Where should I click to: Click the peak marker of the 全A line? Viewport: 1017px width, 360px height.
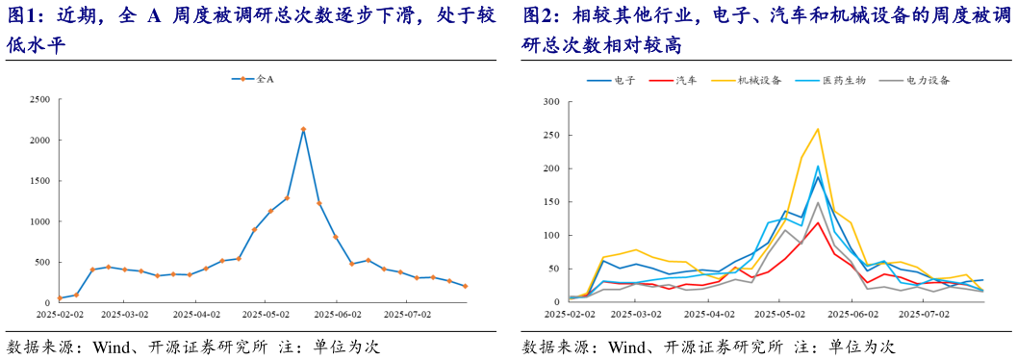click(x=303, y=129)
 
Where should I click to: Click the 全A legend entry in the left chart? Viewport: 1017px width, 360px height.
click(x=265, y=79)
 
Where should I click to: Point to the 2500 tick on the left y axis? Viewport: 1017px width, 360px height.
click(x=40, y=99)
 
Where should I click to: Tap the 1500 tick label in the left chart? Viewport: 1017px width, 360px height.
click(x=40, y=180)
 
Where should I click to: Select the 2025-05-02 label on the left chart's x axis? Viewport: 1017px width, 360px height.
click(x=267, y=313)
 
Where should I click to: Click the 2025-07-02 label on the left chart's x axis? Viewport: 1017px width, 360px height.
click(x=408, y=313)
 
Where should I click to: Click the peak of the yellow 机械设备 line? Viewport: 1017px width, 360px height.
click(x=818, y=128)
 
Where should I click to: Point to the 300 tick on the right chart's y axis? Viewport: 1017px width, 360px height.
click(x=552, y=100)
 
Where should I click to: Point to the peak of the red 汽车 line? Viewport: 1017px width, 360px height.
click(x=818, y=222)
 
